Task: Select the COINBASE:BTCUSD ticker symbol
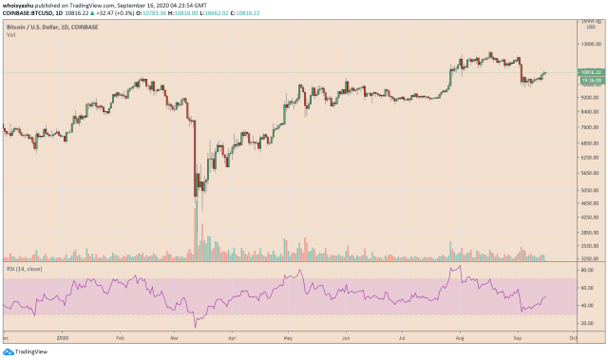point(28,15)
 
